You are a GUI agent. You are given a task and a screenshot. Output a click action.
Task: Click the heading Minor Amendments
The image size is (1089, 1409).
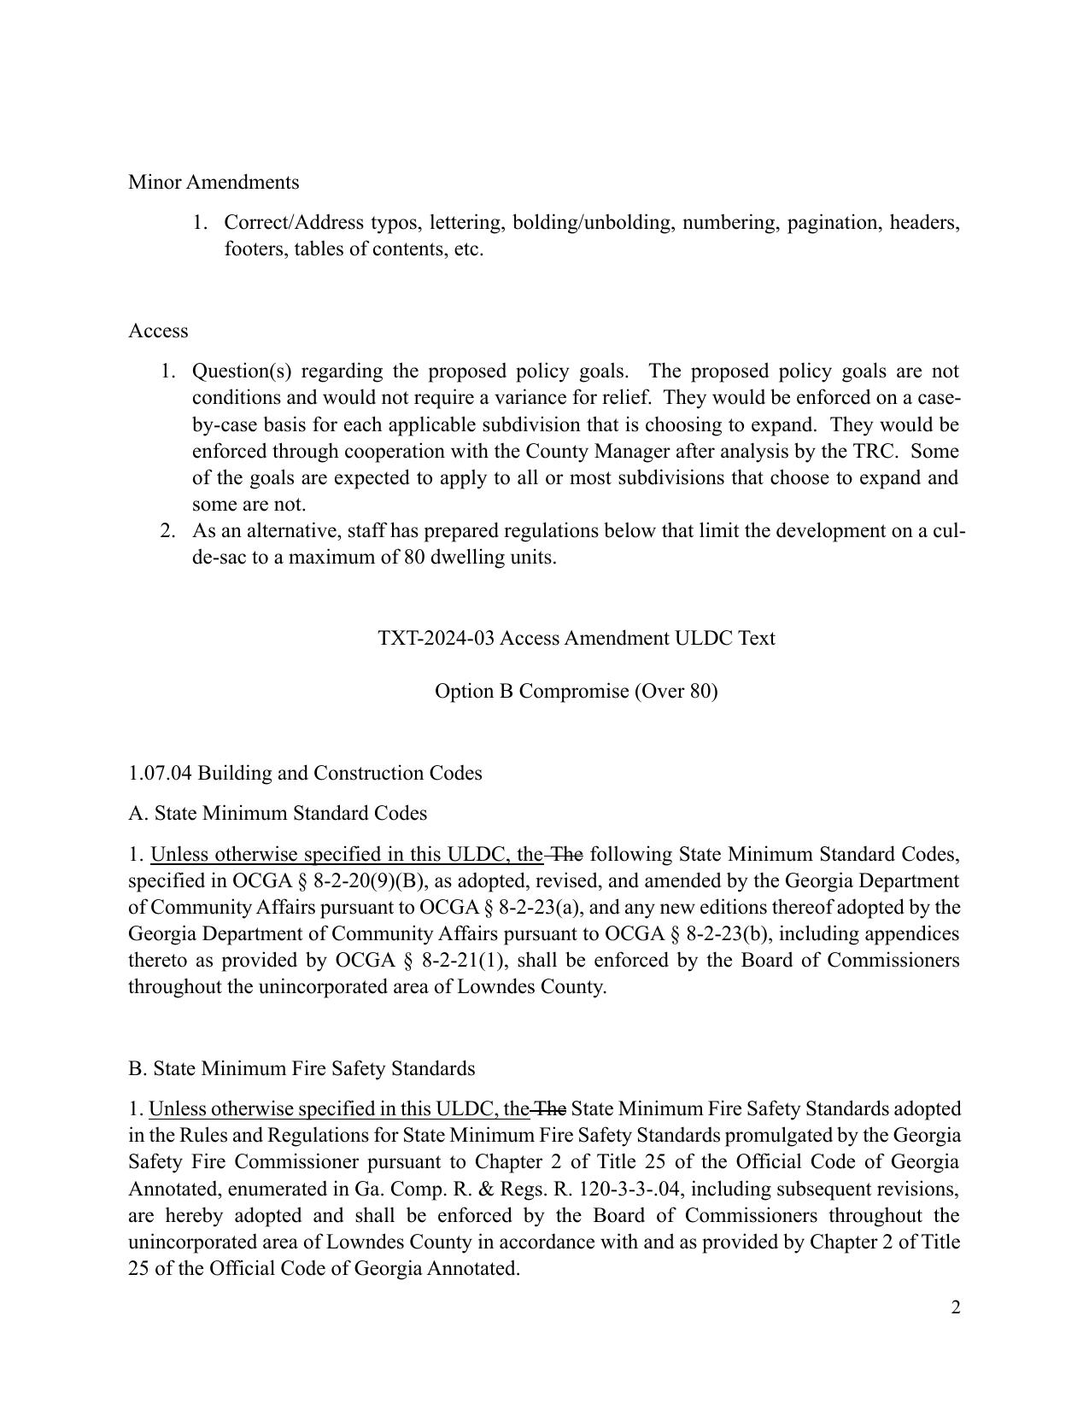214,182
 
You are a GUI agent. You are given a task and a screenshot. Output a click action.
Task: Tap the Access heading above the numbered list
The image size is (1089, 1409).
158,330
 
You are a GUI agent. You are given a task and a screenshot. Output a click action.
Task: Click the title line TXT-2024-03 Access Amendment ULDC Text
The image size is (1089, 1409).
577,638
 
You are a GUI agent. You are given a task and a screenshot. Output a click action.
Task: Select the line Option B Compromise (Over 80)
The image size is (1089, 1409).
577,691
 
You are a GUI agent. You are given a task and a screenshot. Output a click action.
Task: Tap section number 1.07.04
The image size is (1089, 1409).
160,773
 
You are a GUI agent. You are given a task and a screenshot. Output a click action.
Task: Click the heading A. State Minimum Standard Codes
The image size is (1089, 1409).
278,813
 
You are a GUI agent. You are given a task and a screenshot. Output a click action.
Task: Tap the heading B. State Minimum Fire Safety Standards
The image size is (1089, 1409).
302,1068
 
